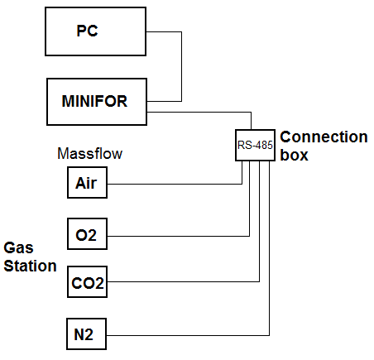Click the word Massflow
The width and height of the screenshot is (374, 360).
90,153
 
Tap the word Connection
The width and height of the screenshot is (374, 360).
324,137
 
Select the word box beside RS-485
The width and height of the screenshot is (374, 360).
294,155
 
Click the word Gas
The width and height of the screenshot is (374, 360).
18,247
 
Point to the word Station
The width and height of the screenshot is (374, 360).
30,266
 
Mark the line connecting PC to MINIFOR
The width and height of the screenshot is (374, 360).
181,66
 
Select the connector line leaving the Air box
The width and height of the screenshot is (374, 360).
175,184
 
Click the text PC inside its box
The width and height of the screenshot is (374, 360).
87,31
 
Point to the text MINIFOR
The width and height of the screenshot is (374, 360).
94,101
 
